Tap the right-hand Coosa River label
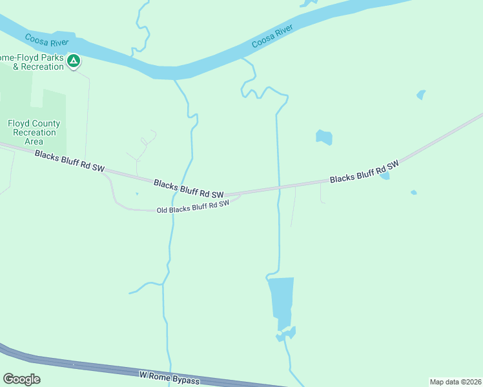[x=272, y=36]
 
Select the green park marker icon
[x=74, y=61]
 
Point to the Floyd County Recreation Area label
[x=34, y=132]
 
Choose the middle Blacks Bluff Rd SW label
[x=189, y=189]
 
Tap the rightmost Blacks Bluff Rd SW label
[x=364, y=171]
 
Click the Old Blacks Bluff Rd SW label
[x=193, y=207]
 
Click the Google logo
[x=21, y=379]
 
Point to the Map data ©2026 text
[x=455, y=382]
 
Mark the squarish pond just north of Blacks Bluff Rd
[x=324, y=137]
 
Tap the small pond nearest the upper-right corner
[x=421, y=95]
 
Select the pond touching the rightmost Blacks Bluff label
[x=385, y=175]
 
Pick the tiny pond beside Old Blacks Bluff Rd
[x=137, y=193]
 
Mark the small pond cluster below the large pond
[x=286, y=334]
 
